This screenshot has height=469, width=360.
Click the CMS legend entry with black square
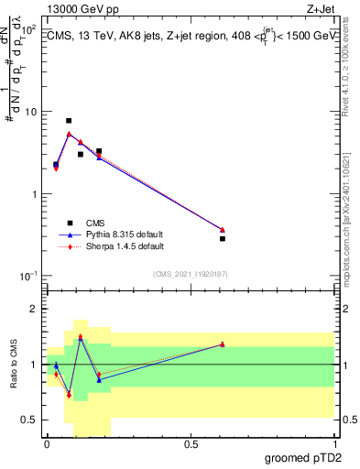click(x=95, y=222)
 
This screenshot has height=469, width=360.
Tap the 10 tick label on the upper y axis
click(x=30, y=112)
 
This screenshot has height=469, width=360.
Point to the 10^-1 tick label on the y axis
click(x=27, y=276)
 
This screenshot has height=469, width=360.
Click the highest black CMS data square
click(x=69, y=121)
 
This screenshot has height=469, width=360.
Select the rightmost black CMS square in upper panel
click(x=223, y=238)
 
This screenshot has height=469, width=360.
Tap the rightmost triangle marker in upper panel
click(x=223, y=229)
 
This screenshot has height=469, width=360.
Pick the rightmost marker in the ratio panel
click(x=223, y=344)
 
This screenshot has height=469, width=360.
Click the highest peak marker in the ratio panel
click(x=81, y=336)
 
